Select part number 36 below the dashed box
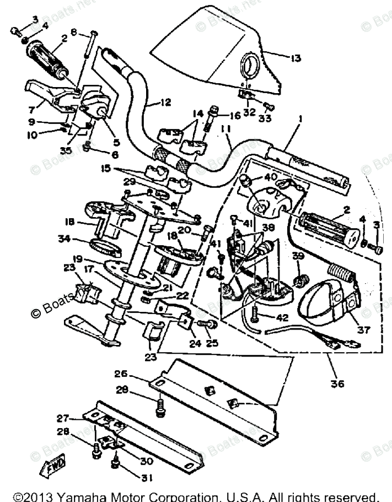click(x=337, y=383)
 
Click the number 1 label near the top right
click(x=300, y=118)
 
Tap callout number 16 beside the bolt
click(x=235, y=116)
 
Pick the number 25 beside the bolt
click(x=212, y=343)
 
